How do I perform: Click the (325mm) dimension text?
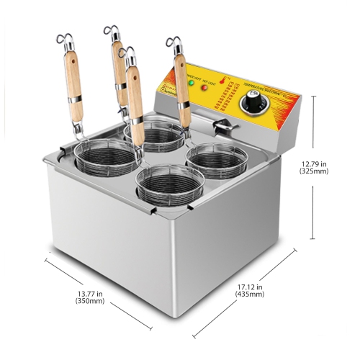[315, 172]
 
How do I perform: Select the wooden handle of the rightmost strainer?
[183, 100]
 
